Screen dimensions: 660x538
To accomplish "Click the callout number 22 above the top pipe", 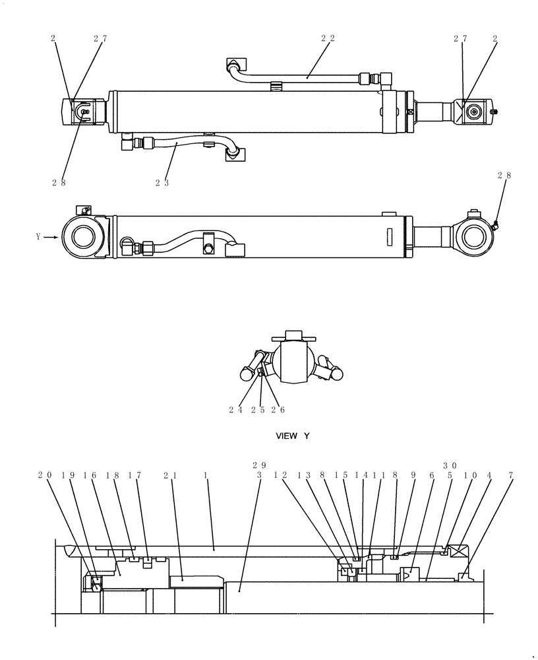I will coord(328,39).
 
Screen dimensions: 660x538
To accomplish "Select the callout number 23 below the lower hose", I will coord(162,182).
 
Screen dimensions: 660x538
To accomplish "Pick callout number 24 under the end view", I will coord(235,410).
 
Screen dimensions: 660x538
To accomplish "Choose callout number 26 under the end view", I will coord(278,410).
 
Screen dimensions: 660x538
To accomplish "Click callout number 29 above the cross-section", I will coord(260,465).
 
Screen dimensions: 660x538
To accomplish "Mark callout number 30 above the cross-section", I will coord(450,465).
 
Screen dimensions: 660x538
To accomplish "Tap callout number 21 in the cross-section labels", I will coord(170,475).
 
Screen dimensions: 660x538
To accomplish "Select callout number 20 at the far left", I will coord(44,475).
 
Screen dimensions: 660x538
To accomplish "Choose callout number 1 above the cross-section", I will coord(206,475).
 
